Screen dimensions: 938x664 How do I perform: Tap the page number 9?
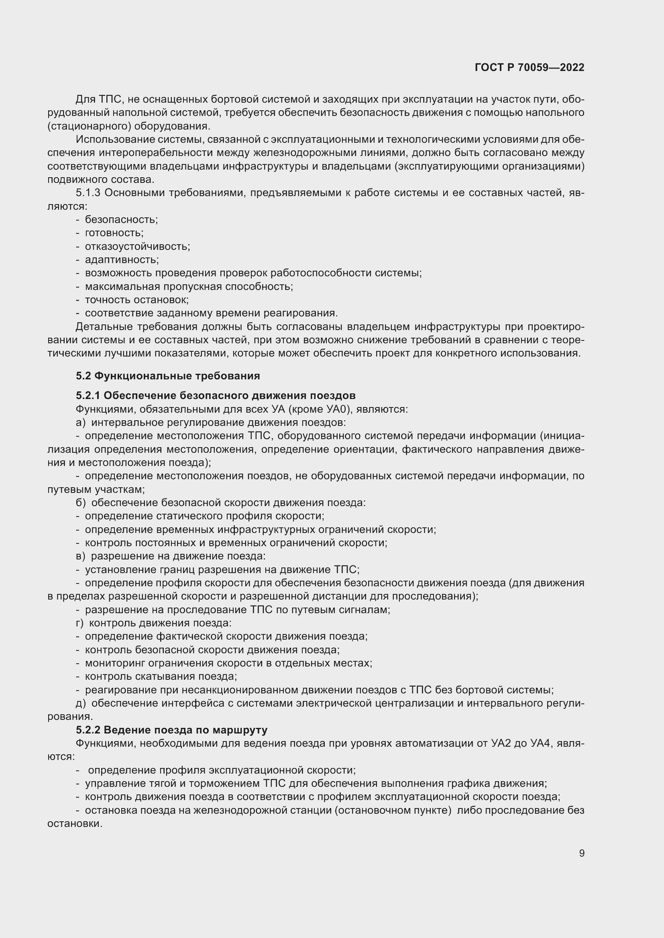click(x=581, y=853)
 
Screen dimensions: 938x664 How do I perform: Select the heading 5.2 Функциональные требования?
click(x=168, y=375)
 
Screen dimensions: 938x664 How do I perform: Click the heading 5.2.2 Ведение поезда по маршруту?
click(x=171, y=729)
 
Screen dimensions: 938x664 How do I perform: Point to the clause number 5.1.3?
click(x=88, y=193)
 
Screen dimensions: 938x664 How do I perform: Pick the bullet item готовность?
click(x=114, y=233)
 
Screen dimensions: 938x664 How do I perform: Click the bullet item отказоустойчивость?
click(x=137, y=246)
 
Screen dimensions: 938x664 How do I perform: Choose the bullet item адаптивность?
click(x=122, y=259)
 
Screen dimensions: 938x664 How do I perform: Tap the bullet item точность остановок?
click(x=136, y=300)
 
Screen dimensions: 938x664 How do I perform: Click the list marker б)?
click(x=81, y=502)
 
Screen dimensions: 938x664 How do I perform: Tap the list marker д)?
click(x=81, y=703)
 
